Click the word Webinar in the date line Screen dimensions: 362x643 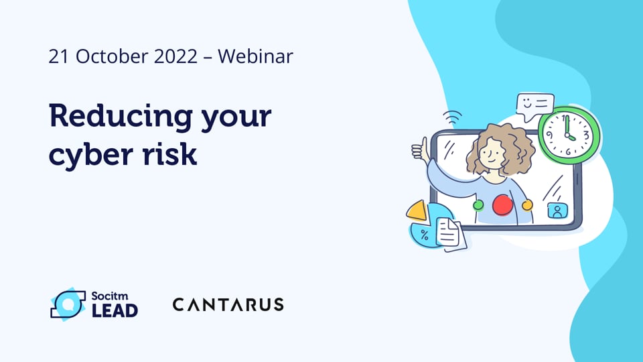click(x=255, y=56)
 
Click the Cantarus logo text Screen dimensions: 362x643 click(x=228, y=304)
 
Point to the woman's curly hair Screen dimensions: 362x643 click(x=498, y=144)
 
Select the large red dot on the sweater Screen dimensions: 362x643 click(x=502, y=205)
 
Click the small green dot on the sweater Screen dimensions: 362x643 click(x=478, y=205)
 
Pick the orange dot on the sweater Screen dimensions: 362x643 click(x=527, y=204)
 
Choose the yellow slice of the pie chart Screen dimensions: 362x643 click(x=417, y=212)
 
